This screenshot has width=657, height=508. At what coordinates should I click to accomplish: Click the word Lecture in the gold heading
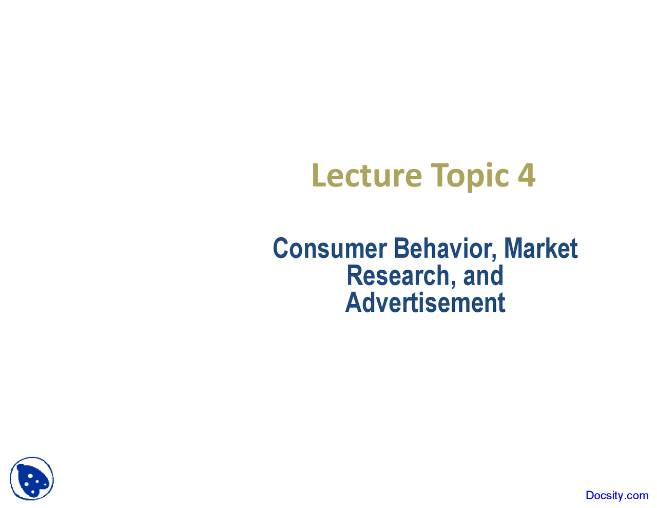[367, 175]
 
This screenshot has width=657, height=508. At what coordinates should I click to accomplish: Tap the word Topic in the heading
[470, 177]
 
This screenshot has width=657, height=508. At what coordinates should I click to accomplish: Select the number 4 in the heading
[527, 175]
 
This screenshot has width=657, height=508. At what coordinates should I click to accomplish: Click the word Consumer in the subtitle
[330, 248]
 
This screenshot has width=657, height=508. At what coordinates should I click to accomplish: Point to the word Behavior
[443, 248]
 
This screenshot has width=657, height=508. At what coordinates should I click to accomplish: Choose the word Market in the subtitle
[541, 248]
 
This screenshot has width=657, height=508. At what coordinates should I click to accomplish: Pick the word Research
[398, 275]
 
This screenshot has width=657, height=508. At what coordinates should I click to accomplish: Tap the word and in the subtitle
[483, 275]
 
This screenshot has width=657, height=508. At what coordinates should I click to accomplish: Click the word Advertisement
[425, 303]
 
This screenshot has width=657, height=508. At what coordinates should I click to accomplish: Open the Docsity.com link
[617, 495]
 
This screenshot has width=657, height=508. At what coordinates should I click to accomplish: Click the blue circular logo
[32, 479]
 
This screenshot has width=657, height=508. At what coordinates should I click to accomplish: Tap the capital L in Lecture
[319, 176]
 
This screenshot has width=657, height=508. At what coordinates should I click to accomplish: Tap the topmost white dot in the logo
[30, 476]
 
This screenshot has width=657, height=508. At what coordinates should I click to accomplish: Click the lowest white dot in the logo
[33, 492]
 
